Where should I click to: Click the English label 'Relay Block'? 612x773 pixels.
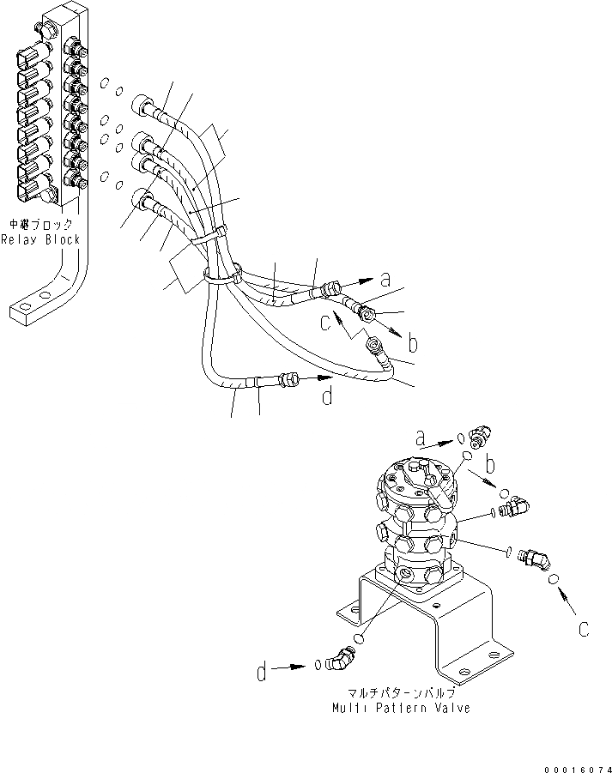click(x=40, y=239)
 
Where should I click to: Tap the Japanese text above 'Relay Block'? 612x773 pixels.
click(x=40, y=225)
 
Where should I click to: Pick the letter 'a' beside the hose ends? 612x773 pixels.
click(x=386, y=278)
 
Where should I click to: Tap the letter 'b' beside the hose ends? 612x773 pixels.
click(x=413, y=344)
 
